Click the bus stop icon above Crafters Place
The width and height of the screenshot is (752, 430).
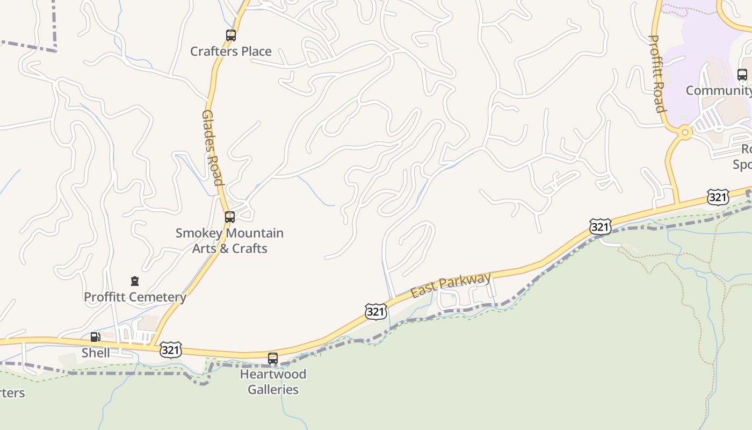point(231,35)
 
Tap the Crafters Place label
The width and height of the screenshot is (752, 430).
point(231,52)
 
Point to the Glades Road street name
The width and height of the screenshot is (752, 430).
point(212,147)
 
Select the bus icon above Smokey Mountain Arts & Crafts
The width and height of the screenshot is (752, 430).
point(230,217)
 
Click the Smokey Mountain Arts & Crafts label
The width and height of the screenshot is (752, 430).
point(230,241)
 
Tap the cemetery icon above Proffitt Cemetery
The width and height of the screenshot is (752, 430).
point(135,281)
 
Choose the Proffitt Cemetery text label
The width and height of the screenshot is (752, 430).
point(135,297)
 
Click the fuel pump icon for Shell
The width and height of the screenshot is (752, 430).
point(95,337)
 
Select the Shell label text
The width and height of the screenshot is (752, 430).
point(96,353)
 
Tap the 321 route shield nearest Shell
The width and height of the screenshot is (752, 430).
point(170,350)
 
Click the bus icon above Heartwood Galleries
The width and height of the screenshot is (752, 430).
point(273,359)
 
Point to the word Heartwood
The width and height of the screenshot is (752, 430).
point(273,374)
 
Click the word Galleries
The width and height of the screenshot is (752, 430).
point(273,390)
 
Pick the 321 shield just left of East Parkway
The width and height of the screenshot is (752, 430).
point(375,311)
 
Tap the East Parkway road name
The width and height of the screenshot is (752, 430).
point(451,285)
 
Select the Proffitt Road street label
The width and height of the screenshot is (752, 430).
point(657,74)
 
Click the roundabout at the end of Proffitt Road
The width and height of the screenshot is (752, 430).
point(684,132)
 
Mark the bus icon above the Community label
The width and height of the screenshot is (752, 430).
point(742,75)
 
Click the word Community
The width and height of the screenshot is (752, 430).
point(719,90)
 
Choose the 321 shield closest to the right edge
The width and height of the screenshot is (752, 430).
point(718,197)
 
